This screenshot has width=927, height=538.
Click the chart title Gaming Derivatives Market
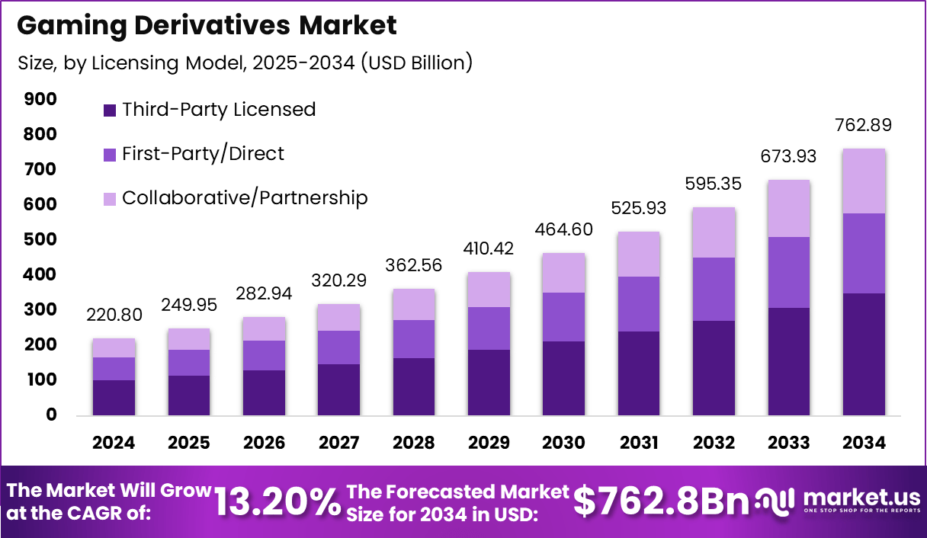pyautogui.click(x=207, y=26)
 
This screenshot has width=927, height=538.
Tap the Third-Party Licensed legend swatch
pyautogui.click(x=110, y=110)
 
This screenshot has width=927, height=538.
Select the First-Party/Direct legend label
pyautogui.click(x=203, y=154)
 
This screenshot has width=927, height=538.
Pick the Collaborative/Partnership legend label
pyautogui.click(x=245, y=198)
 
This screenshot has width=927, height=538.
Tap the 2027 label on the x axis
pyautogui.click(x=339, y=444)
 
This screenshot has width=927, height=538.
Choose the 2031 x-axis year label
pyautogui.click(x=640, y=444)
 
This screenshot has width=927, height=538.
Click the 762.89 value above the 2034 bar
pyautogui.click(x=864, y=125)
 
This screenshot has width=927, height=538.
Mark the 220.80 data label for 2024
pyautogui.click(x=114, y=315)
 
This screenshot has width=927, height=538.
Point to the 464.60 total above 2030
pyautogui.click(x=564, y=229)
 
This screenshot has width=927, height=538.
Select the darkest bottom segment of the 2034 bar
pyautogui.click(x=864, y=354)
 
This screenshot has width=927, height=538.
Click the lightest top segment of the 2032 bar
pyautogui.click(x=714, y=232)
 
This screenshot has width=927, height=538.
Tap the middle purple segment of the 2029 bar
pyautogui.click(x=489, y=328)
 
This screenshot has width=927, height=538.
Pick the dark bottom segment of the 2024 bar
pyautogui.click(x=114, y=397)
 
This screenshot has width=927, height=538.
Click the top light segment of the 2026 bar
pyautogui.click(x=264, y=328)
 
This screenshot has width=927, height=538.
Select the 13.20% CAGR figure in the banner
pyautogui.click(x=277, y=501)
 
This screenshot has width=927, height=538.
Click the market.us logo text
pyautogui.click(x=859, y=497)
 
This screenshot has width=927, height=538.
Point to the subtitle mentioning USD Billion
pyautogui.click(x=245, y=62)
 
